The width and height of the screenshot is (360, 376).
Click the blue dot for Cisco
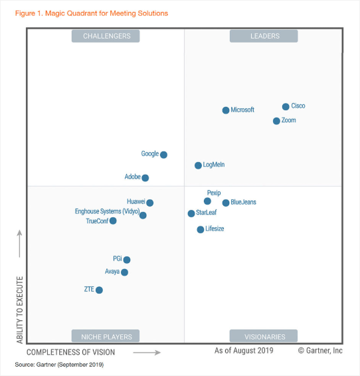coord(286,106)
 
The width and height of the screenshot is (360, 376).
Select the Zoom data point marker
coord(276,121)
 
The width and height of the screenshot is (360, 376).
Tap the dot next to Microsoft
coord(226,110)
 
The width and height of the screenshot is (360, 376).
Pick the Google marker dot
coord(164,155)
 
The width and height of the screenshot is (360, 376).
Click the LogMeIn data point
coord(198,165)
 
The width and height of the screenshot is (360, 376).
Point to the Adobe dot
coord(145,178)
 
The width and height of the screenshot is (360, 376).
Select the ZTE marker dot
coord(99,290)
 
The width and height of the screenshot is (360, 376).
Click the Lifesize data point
coord(201,229)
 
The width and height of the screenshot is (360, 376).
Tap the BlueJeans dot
coord(226,203)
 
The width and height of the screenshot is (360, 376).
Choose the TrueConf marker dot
coord(113,221)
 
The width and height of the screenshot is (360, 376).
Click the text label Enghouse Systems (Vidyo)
coord(106,212)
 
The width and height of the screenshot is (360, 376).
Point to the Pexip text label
coord(213,192)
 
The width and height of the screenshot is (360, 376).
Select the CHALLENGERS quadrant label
coord(106,36)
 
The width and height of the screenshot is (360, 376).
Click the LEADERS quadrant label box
coord(264,36)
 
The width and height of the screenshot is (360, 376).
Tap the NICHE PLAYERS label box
coord(106,336)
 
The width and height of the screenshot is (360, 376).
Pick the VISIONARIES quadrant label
coord(264,336)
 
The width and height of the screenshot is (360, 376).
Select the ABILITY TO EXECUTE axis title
coord(19,310)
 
